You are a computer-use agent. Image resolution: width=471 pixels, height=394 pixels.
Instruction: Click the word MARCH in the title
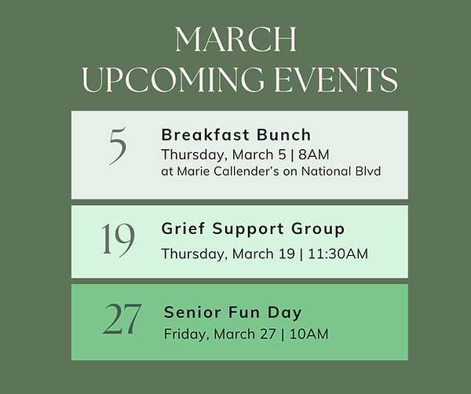235,39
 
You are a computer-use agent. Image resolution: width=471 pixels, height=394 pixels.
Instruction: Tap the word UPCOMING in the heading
173,79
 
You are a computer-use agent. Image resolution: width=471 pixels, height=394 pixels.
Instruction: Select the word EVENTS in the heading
336,79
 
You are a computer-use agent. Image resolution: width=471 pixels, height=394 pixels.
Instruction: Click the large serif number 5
118,146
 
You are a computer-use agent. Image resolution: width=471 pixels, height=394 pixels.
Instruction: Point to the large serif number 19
118,240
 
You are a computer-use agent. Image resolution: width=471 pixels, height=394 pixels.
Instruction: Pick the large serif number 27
122,319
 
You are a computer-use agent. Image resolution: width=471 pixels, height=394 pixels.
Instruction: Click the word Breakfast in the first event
201,134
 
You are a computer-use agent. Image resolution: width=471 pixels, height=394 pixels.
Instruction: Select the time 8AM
314,155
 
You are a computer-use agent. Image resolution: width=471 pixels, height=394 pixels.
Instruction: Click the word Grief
183,228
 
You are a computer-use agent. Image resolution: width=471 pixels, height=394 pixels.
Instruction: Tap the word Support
248,230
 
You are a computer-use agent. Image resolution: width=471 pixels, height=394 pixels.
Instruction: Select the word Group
318,230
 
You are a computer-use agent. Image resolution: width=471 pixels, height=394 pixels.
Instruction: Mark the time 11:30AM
338,254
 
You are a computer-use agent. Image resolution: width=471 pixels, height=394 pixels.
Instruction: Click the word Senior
192,312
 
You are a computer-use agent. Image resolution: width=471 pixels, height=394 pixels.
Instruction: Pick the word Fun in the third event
244,312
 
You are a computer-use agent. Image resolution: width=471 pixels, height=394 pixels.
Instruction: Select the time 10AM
309,334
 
